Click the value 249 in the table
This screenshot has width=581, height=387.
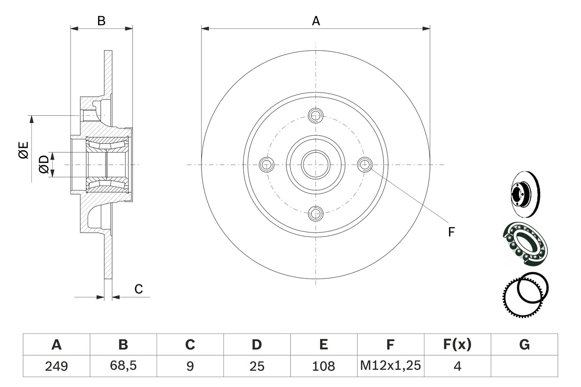point(56,366)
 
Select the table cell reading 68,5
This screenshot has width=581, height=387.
point(123,366)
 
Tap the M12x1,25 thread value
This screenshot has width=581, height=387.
point(390,366)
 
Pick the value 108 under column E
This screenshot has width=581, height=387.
point(324,366)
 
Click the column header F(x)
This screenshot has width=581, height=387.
point(457,345)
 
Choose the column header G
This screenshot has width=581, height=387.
point(524,345)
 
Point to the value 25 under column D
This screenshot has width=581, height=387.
point(257,366)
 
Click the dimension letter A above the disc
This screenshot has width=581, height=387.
point(315,20)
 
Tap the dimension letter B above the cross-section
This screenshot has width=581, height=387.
point(102,20)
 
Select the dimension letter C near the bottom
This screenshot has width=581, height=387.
point(139,289)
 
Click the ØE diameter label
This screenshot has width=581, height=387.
point(24,150)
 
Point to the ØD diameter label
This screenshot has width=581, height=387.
point(44,164)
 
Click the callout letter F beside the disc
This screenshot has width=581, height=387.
point(451,232)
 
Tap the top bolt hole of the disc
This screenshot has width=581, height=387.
point(315,116)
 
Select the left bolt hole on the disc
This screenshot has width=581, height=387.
point(266,165)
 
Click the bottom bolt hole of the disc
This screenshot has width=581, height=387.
point(315,213)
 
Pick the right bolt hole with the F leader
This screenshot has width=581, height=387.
point(364,165)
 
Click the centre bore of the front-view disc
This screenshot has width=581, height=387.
point(315,164)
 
